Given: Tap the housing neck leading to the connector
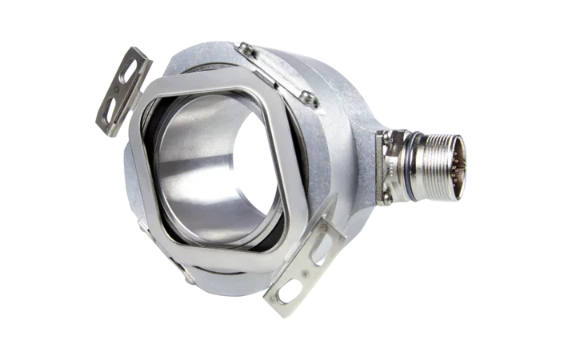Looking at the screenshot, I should (x=364, y=156).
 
